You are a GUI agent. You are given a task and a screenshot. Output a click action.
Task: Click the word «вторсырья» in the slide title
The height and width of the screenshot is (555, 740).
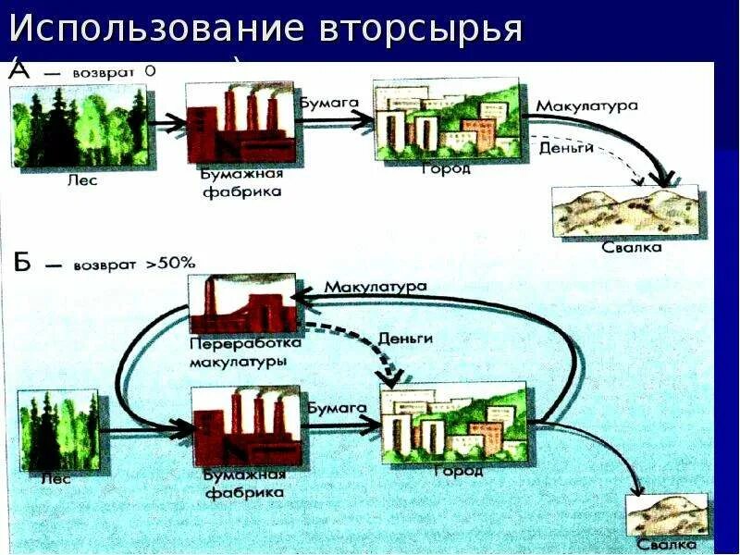tap(421, 30)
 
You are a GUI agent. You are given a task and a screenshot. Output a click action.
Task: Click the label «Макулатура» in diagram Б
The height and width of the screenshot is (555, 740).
tap(376, 288)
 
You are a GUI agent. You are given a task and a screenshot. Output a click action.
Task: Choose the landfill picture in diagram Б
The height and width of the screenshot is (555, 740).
tap(666, 514)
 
